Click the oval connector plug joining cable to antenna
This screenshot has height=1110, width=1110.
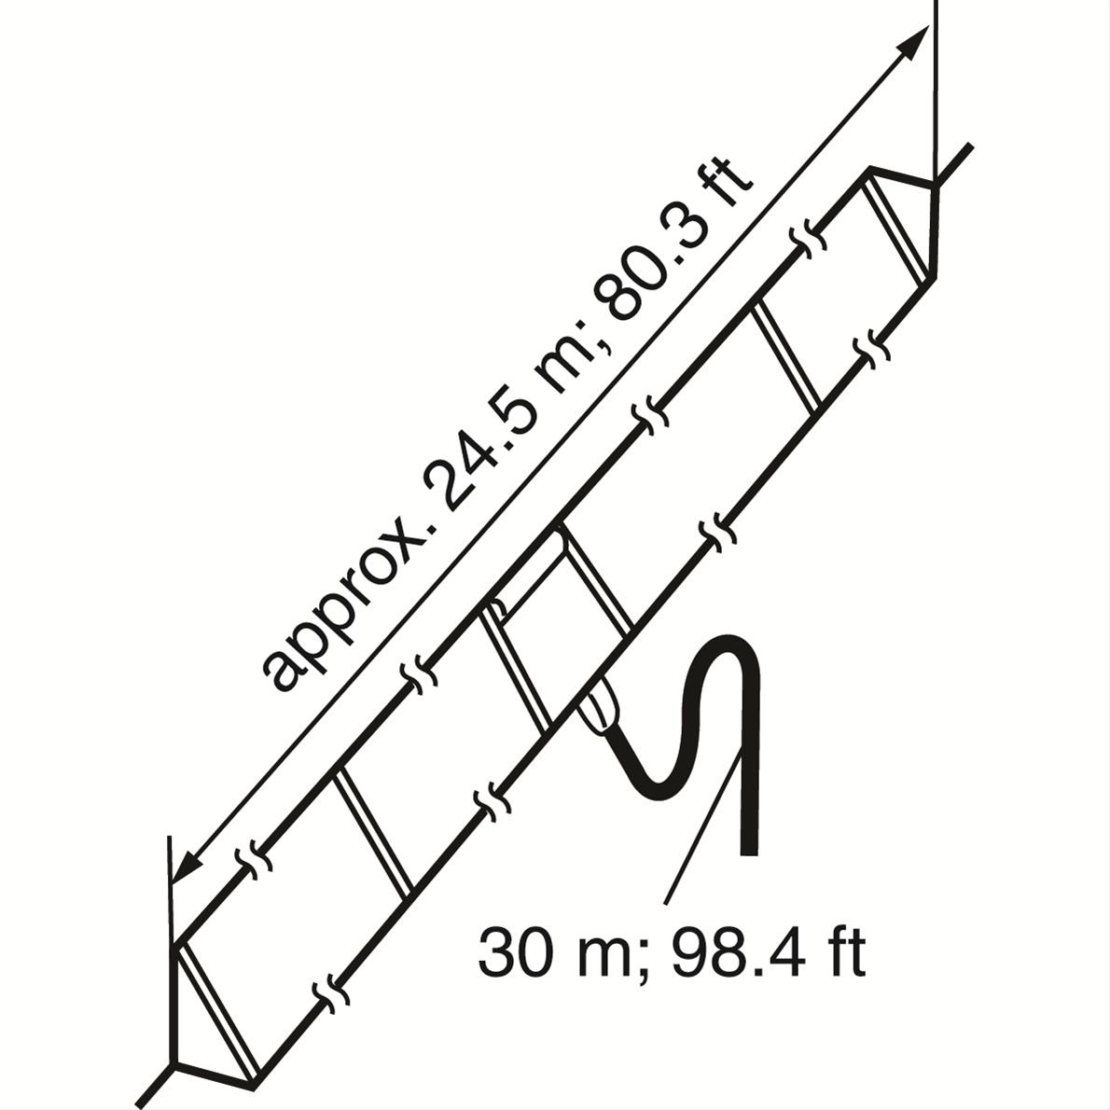(597, 709)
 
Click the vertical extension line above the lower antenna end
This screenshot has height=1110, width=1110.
(171, 886)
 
